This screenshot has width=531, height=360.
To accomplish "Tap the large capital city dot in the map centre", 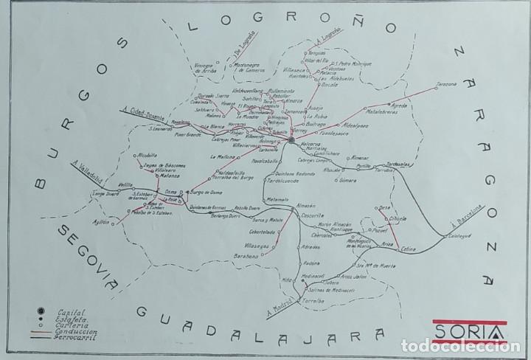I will click(291, 139).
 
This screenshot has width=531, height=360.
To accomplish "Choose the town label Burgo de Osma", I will click(206, 190).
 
